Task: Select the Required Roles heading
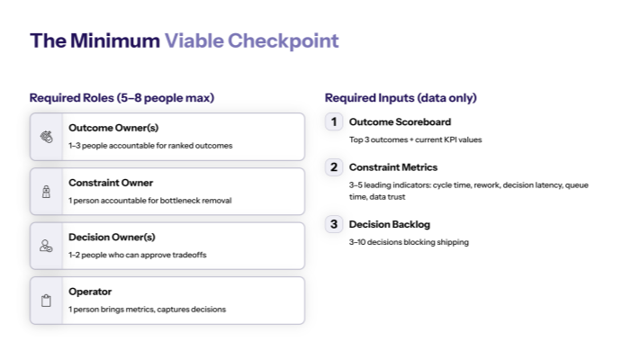pos(121,97)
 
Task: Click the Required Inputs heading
pos(400,97)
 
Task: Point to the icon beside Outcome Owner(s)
pos(47,137)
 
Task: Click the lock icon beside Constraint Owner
pos(47,192)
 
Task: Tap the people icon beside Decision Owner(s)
pos(47,246)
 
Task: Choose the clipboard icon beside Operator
pos(47,301)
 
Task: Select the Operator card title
pos(90,292)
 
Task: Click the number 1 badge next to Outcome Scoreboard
pos(334,121)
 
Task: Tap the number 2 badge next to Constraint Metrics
pos(334,167)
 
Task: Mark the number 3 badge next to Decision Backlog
pos(334,224)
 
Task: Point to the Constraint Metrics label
pos(393,167)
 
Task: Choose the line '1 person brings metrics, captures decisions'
pos(147,309)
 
